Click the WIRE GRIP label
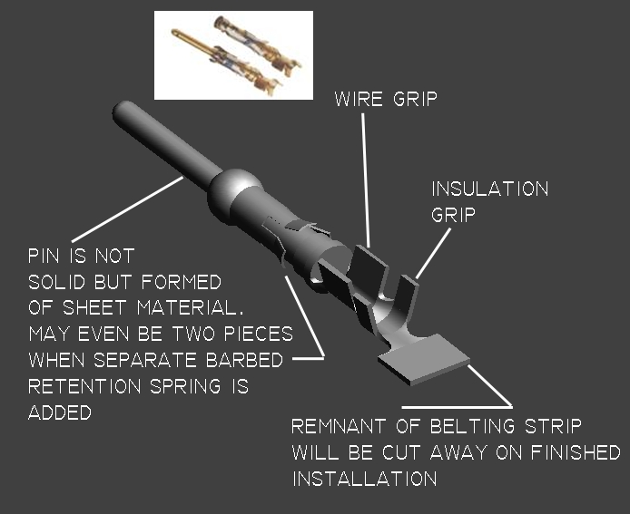point(386,99)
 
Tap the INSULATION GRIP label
point(490,201)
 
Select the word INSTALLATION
point(364,479)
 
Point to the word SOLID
point(56,282)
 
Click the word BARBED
point(245,360)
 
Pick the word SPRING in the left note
point(185,386)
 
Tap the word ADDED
point(60,412)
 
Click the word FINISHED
point(576,452)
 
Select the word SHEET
point(94,307)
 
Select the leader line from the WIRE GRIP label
point(366,180)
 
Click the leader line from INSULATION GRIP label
point(433,253)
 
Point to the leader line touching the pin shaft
point(127,209)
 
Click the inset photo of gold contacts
point(233,55)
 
